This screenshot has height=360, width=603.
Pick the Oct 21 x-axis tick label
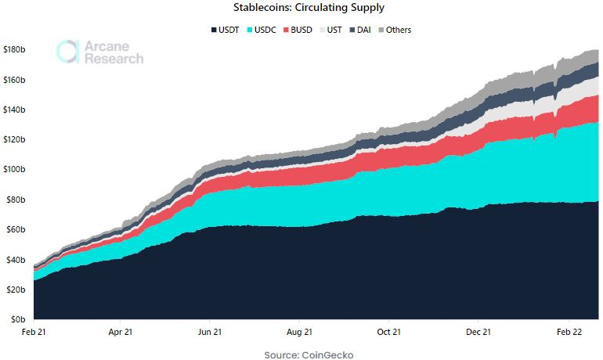pyautogui.click(x=389, y=332)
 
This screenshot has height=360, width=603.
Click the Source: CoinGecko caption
pyautogui.click(x=309, y=355)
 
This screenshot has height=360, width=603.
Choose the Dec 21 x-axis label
pyautogui.click(x=478, y=332)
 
